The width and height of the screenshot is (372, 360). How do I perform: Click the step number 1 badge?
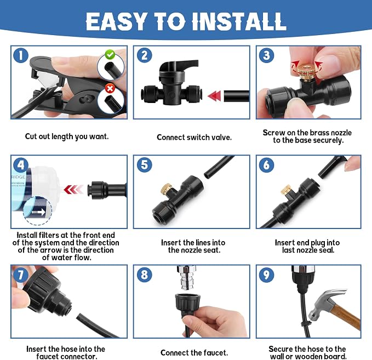21,55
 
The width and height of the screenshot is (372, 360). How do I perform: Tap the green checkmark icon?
110,54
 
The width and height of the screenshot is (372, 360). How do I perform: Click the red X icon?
110,89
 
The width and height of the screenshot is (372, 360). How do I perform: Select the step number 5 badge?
145,165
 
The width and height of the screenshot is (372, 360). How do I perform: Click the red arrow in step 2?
214,96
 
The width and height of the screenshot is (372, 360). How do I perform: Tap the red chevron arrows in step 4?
74,190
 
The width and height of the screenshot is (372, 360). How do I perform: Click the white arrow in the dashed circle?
38,212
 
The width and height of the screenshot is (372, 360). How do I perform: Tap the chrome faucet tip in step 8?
186,278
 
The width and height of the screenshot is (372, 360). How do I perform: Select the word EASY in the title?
116,21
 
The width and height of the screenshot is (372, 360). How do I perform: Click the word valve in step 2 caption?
221,138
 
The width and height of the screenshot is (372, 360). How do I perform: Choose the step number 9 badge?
266,275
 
